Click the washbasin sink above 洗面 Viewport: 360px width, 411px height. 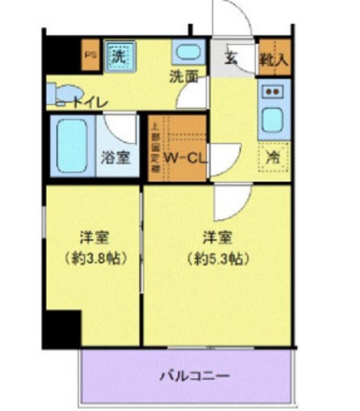[188, 53]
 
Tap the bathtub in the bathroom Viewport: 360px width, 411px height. [72, 145]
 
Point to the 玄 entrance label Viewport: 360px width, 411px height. [231, 57]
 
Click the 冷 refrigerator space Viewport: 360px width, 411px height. [273, 156]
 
